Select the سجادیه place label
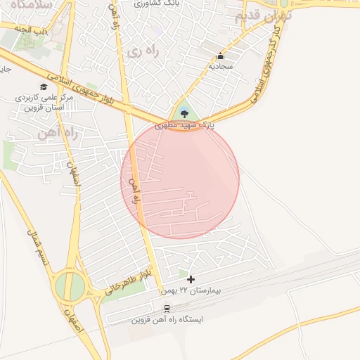pos(221,67)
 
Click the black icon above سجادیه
pos(221,56)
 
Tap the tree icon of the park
pos(184,112)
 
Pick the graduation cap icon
pos(44,87)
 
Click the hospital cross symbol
pos(190,279)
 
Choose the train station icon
pos(167,309)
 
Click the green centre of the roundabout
pos(69,286)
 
